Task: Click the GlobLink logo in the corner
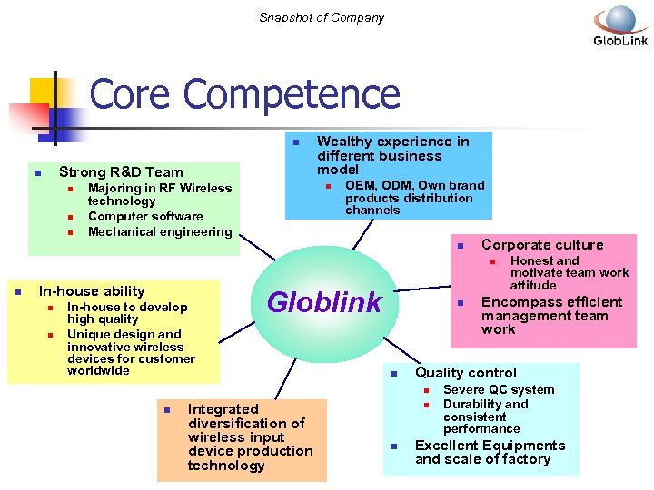coord(620,25)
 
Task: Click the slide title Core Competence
coord(245,94)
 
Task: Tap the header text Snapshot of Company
coord(322,17)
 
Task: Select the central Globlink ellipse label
coord(324,302)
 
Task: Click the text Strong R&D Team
coord(121,172)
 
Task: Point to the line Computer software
coord(145,216)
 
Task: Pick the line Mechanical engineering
coord(160,231)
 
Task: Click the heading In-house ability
coord(92,291)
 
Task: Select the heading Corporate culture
coord(542,244)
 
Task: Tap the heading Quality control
coord(466,373)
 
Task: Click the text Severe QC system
coord(499,390)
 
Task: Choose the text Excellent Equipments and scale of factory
coord(490,452)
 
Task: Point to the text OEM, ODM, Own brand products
coord(414,198)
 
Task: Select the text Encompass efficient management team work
coord(551,316)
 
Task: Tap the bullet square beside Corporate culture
coord(461,246)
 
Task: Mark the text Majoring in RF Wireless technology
coord(160,194)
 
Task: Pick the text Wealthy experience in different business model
coord(393,155)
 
